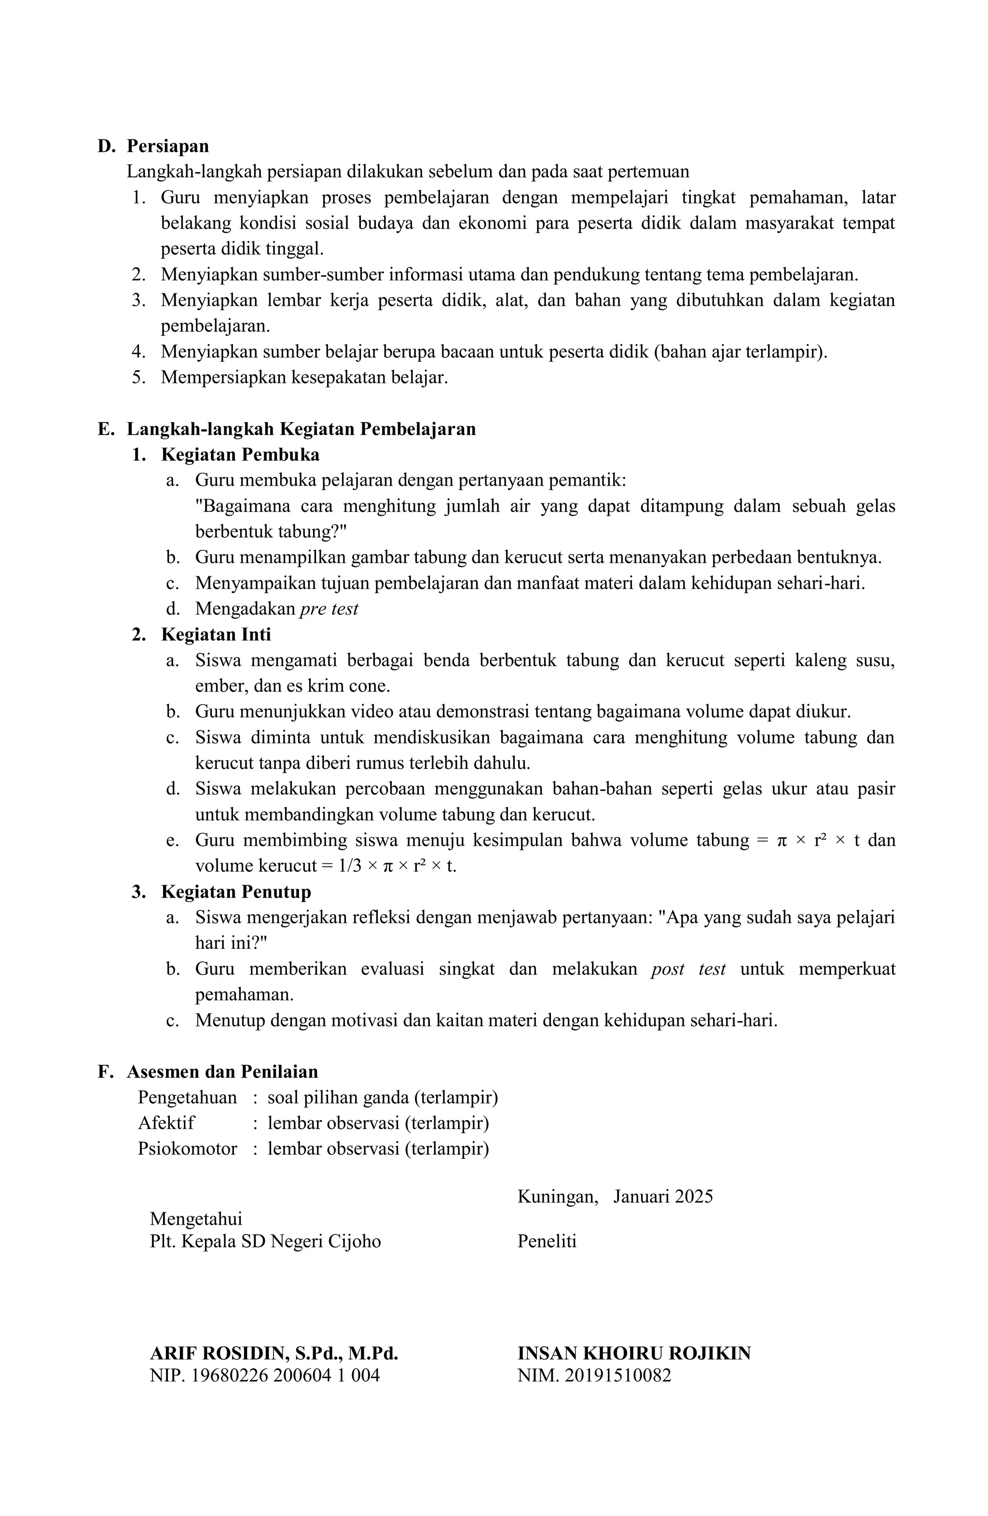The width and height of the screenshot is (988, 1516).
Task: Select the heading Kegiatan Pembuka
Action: click(x=240, y=455)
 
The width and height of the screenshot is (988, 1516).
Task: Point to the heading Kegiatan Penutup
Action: click(x=236, y=891)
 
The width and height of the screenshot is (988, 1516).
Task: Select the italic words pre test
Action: click(x=329, y=609)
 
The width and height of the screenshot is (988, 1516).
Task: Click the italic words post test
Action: click(x=688, y=969)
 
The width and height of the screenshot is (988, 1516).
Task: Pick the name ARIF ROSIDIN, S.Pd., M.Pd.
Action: click(x=274, y=1353)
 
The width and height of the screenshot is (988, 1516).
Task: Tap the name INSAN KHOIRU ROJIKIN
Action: click(x=634, y=1353)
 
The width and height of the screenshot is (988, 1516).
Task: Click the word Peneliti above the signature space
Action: click(x=547, y=1241)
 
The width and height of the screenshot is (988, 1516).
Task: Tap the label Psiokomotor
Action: click(x=187, y=1148)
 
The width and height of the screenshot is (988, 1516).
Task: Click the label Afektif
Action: click(x=166, y=1122)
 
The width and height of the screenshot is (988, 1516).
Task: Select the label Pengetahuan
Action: click(x=187, y=1097)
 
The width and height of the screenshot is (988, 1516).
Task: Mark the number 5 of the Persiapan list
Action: click(x=137, y=377)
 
